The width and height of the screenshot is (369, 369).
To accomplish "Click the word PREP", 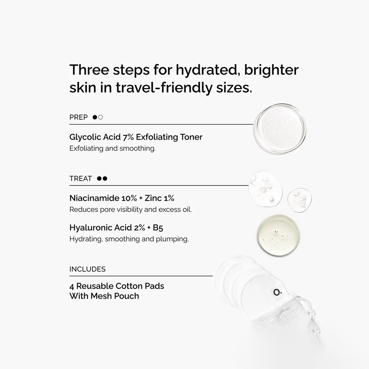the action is point(78,117).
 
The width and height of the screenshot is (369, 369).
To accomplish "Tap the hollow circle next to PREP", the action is point(100,117).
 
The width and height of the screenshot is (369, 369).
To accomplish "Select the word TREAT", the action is point(81,179).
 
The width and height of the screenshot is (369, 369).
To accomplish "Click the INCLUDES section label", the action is point(87,269).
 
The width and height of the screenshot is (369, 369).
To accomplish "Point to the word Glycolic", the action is point(82,137).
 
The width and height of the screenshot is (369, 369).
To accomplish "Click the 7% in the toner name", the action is point(128,137).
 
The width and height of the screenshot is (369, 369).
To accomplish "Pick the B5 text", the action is point(158,228).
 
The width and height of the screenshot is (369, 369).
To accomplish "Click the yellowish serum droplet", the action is point(278,235).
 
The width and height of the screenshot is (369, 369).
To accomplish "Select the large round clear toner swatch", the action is point(280,128).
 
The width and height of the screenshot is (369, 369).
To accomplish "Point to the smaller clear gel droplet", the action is point(299,200).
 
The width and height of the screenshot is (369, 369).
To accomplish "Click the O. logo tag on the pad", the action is point(277,292).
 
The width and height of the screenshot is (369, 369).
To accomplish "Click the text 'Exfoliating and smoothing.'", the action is point(112,149).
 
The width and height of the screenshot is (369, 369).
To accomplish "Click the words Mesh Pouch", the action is point(114,296).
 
